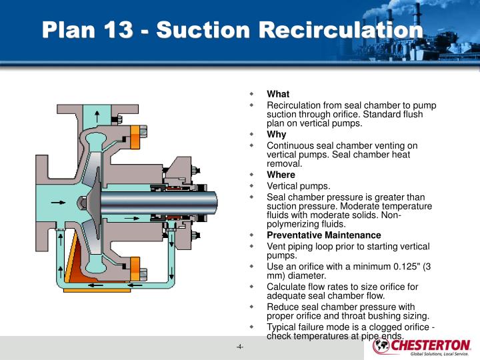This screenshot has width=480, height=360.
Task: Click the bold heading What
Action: (278, 94)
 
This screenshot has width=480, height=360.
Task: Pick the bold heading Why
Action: (277, 135)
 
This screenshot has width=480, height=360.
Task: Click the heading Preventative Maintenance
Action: (324, 235)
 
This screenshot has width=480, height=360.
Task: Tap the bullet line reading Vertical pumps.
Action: (298, 186)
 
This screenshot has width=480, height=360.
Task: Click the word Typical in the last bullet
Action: (283, 327)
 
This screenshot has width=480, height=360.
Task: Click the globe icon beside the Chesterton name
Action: (381, 346)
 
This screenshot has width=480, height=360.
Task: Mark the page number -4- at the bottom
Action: (239, 347)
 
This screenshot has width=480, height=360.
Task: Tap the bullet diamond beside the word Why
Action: (252, 135)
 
